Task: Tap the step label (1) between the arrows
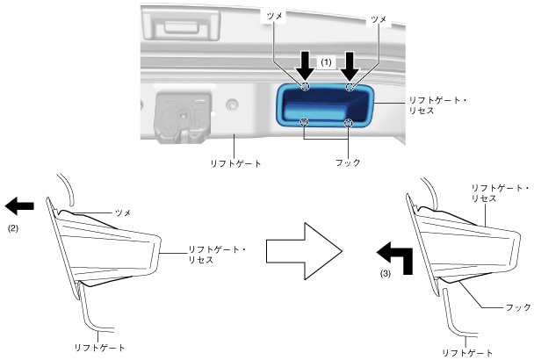click(327, 62)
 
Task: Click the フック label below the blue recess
click(325, 162)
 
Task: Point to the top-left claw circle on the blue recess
click(305, 87)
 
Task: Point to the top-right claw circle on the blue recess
click(350, 87)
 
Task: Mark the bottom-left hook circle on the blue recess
click(304, 122)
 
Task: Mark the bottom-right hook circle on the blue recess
click(349, 122)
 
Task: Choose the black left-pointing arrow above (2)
click(19, 205)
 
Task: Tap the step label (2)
click(13, 227)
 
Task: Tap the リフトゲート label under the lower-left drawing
click(98, 348)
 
